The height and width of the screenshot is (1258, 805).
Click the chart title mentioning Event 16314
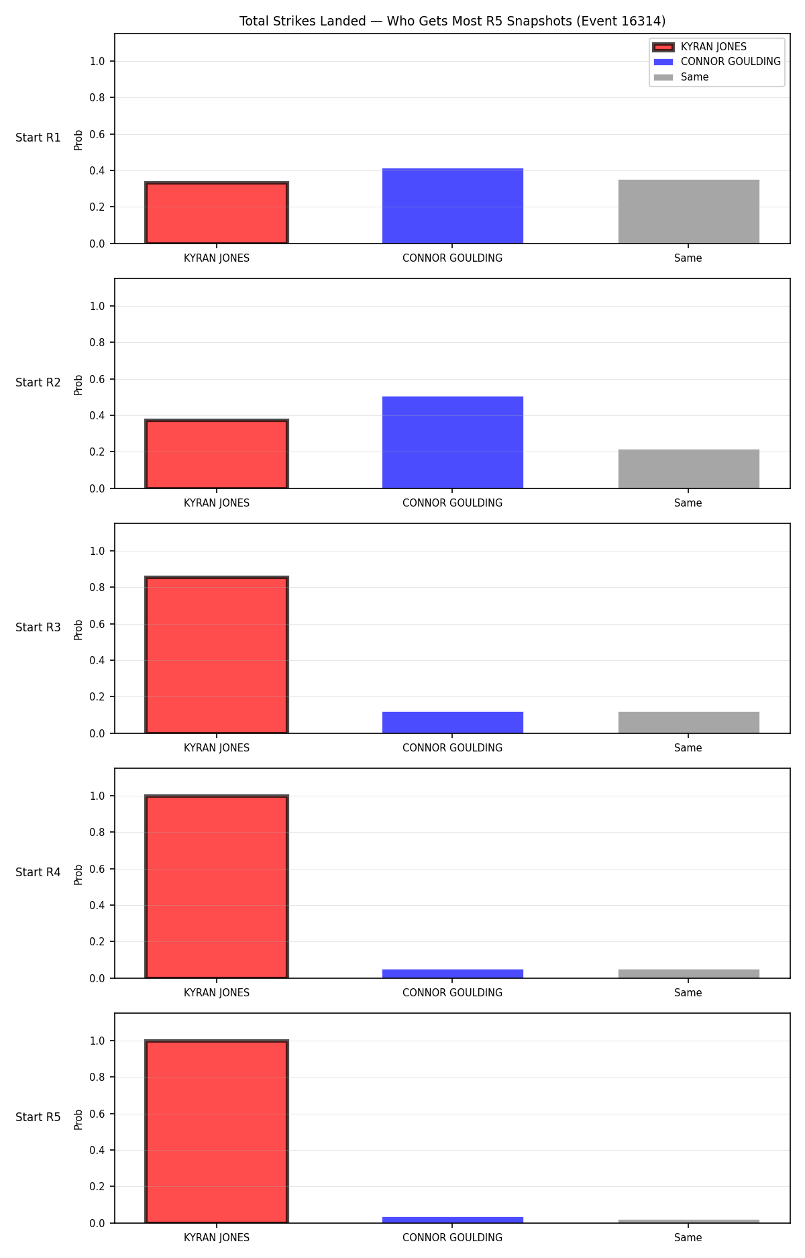coord(452,21)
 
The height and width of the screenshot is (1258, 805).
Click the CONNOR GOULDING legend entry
coord(717,62)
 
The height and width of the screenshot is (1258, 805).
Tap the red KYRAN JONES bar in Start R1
coord(217,213)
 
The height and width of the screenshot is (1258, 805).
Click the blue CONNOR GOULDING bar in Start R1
coord(453,206)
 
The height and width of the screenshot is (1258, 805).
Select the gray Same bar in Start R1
coord(689,211)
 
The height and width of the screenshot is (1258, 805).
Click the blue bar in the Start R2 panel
coord(453,442)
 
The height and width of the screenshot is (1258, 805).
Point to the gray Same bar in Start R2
coord(689,469)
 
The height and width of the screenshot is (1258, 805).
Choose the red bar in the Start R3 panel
coord(217,655)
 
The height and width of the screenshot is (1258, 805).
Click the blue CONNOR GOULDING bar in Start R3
coord(453,723)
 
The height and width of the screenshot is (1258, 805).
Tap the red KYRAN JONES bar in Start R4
coord(217,887)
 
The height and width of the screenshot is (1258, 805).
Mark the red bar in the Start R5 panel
coord(217,1132)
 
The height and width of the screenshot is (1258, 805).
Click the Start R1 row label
coord(38,138)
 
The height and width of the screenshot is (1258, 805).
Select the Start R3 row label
coord(38,627)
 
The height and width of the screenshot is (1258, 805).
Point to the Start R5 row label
coord(38,1117)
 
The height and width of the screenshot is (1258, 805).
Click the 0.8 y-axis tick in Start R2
coord(97,342)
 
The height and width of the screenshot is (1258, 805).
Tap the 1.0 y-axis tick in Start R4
coord(97,796)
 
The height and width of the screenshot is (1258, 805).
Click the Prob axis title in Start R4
coord(78,874)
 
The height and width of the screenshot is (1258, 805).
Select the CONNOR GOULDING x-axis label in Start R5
coord(452,1238)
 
